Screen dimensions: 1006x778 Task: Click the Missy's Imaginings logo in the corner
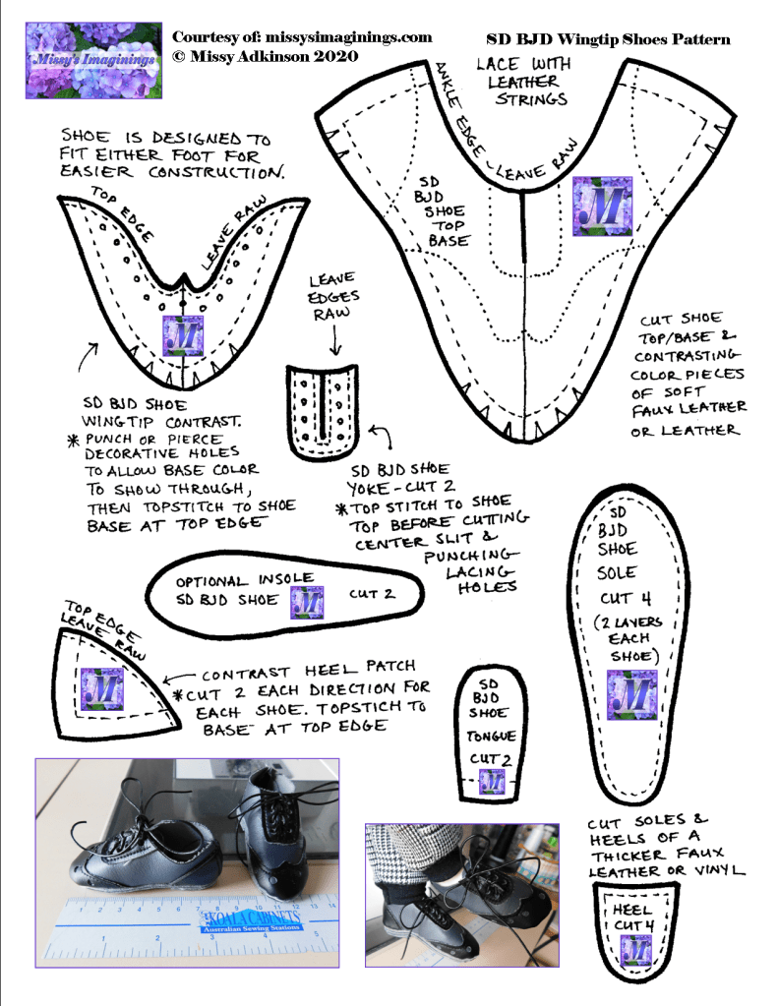(x=93, y=60)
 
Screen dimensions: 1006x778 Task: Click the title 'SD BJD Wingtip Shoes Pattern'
(x=609, y=40)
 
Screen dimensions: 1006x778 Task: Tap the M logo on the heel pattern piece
(x=636, y=950)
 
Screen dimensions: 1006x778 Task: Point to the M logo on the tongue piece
(x=492, y=782)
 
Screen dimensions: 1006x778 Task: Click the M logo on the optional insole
(x=308, y=602)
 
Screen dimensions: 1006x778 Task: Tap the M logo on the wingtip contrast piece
(x=185, y=335)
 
